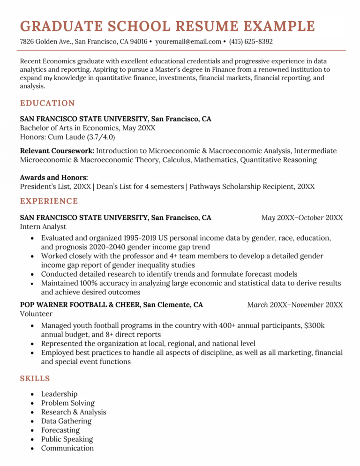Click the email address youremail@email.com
[188, 42]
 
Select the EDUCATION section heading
[47, 103]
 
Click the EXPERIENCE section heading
[49, 201]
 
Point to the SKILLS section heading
[35, 378]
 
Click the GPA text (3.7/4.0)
[101, 137]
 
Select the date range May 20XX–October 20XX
[302, 218]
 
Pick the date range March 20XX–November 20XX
[295, 305]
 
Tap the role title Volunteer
[36, 314]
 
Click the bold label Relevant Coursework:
[57, 151]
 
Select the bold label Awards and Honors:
[54, 177]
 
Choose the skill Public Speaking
[67, 439]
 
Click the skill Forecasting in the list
[60, 430]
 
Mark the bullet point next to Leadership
[32, 394]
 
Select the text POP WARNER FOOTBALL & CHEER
[80, 305]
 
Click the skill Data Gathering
[66, 421]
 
